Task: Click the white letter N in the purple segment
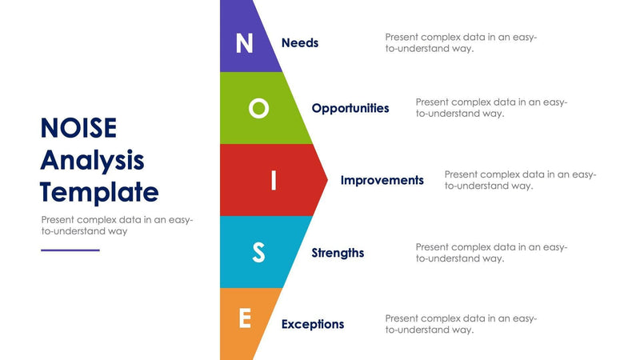pyautogui.click(x=245, y=43)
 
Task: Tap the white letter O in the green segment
pyautogui.click(x=258, y=109)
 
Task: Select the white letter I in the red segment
pyautogui.click(x=274, y=181)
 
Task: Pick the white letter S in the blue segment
pyautogui.click(x=258, y=253)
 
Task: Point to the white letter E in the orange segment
pyautogui.click(x=245, y=319)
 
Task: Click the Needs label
pyautogui.click(x=300, y=43)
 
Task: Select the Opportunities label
pyautogui.click(x=350, y=108)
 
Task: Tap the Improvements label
pyautogui.click(x=382, y=181)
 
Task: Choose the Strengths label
pyautogui.click(x=338, y=253)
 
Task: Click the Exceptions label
pyautogui.click(x=313, y=324)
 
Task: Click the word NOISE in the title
pyautogui.click(x=78, y=129)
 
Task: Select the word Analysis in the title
pyautogui.click(x=92, y=160)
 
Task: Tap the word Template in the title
pyautogui.click(x=99, y=192)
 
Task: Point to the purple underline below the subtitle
pyautogui.click(x=70, y=250)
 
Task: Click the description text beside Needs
pyautogui.click(x=461, y=42)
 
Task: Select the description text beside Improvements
pyautogui.click(x=520, y=179)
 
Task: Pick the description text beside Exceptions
pyautogui.click(x=461, y=324)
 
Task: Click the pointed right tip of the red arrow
pyautogui.click(x=326, y=180)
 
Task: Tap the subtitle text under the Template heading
pyautogui.click(x=117, y=226)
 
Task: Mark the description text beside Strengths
pyautogui.click(x=491, y=253)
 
